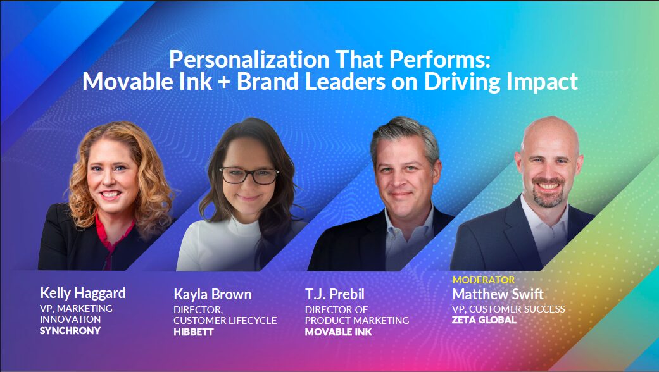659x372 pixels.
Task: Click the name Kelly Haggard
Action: (x=83, y=293)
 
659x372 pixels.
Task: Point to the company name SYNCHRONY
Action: (x=70, y=331)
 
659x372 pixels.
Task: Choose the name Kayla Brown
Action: (x=213, y=295)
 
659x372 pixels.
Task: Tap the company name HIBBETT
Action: (x=194, y=332)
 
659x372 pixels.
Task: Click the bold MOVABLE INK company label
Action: (x=339, y=332)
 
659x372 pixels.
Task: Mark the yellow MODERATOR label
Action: (x=484, y=280)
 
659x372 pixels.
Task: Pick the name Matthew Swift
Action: (x=498, y=295)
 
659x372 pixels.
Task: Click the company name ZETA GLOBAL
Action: (x=484, y=320)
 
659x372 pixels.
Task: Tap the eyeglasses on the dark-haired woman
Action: (x=249, y=175)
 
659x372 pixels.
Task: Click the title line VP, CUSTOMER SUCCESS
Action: (x=508, y=309)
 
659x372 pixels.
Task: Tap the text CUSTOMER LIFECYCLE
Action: (x=225, y=321)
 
